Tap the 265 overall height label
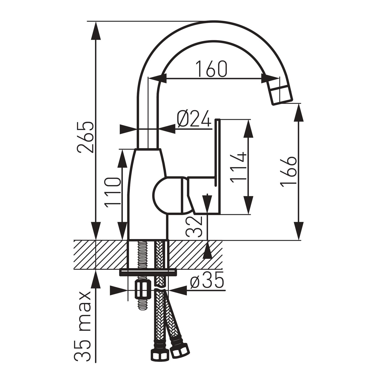(x=85, y=137)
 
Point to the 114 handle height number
(x=239, y=167)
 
